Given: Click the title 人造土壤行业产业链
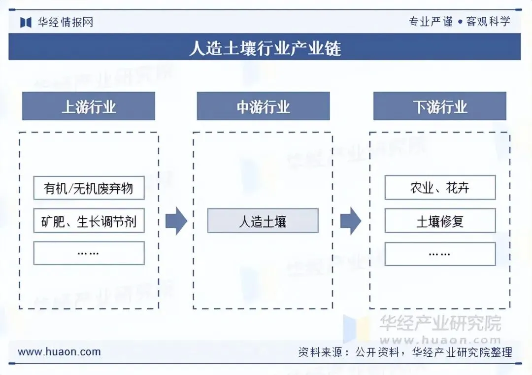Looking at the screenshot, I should (x=265, y=48).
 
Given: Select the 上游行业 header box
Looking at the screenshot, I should (x=89, y=106).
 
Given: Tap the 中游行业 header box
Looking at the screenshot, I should (x=263, y=106).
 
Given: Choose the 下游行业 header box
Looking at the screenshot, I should (x=439, y=106).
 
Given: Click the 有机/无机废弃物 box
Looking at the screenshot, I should (x=89, y=188).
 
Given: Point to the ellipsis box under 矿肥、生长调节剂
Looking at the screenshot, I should (x=89, y=253).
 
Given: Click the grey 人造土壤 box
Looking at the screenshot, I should (x=263, y=221).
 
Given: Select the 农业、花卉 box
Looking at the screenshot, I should (x=439, y=188).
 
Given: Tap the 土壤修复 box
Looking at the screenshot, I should (x=439, y=221).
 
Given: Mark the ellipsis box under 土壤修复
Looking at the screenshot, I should (x=439, y=253).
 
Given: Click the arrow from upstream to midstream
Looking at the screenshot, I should (x=176, y=221).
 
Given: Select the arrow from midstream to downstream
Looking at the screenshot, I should (x=351, y=221).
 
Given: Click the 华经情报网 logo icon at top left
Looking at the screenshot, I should (x=26, y=22).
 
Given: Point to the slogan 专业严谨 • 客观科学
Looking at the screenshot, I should (x=459, y=21).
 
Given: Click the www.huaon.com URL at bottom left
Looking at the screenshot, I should (x=59, y=352).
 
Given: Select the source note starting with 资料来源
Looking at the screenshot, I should (x=405, y=352).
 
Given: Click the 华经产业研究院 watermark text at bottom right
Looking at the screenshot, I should (x=440, y=323).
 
